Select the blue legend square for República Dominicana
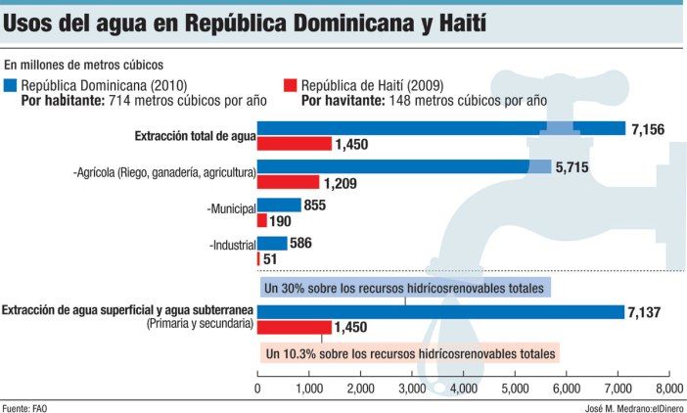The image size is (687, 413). [x=11, y=85]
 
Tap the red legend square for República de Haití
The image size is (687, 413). [x=290, y=85]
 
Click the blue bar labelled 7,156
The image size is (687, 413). [x=440, y=128]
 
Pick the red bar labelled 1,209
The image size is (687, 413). [x=288, y=182]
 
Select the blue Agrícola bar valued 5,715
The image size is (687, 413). [x=404, y=166]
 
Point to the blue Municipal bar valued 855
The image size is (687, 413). [x=279, y=206]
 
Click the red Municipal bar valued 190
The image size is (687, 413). [x=261, y=220]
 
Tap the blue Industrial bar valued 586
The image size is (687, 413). [x=272, y=243]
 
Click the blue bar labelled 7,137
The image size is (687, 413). [x=440, y=311]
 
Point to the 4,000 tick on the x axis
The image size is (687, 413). [x=462, y=389]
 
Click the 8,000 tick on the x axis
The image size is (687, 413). [x=668, y=389]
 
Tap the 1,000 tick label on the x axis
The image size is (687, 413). [x=308, y=389]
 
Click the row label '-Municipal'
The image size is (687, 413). [x=231, y=208]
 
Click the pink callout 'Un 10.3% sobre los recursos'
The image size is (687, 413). [x=409, y=352]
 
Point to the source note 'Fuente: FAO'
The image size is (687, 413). [x=24, y=406]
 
